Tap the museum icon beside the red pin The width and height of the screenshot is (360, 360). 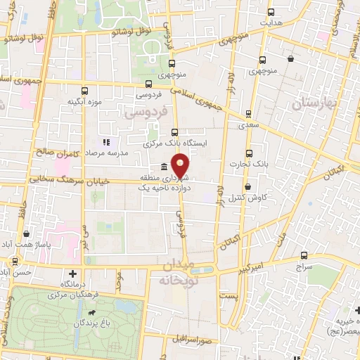164,167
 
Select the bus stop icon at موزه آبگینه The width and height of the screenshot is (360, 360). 85,91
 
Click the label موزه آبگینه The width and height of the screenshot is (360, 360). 85,102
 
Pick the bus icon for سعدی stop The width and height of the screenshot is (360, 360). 247,113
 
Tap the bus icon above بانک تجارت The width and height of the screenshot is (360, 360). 249,153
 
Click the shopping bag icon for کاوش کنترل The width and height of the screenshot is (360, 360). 249,186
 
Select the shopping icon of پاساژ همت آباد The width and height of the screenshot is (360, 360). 27,233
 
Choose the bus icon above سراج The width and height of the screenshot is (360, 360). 303,257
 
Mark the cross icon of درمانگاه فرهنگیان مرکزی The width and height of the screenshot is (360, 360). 73,273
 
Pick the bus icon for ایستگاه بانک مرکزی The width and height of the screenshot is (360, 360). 174,131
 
